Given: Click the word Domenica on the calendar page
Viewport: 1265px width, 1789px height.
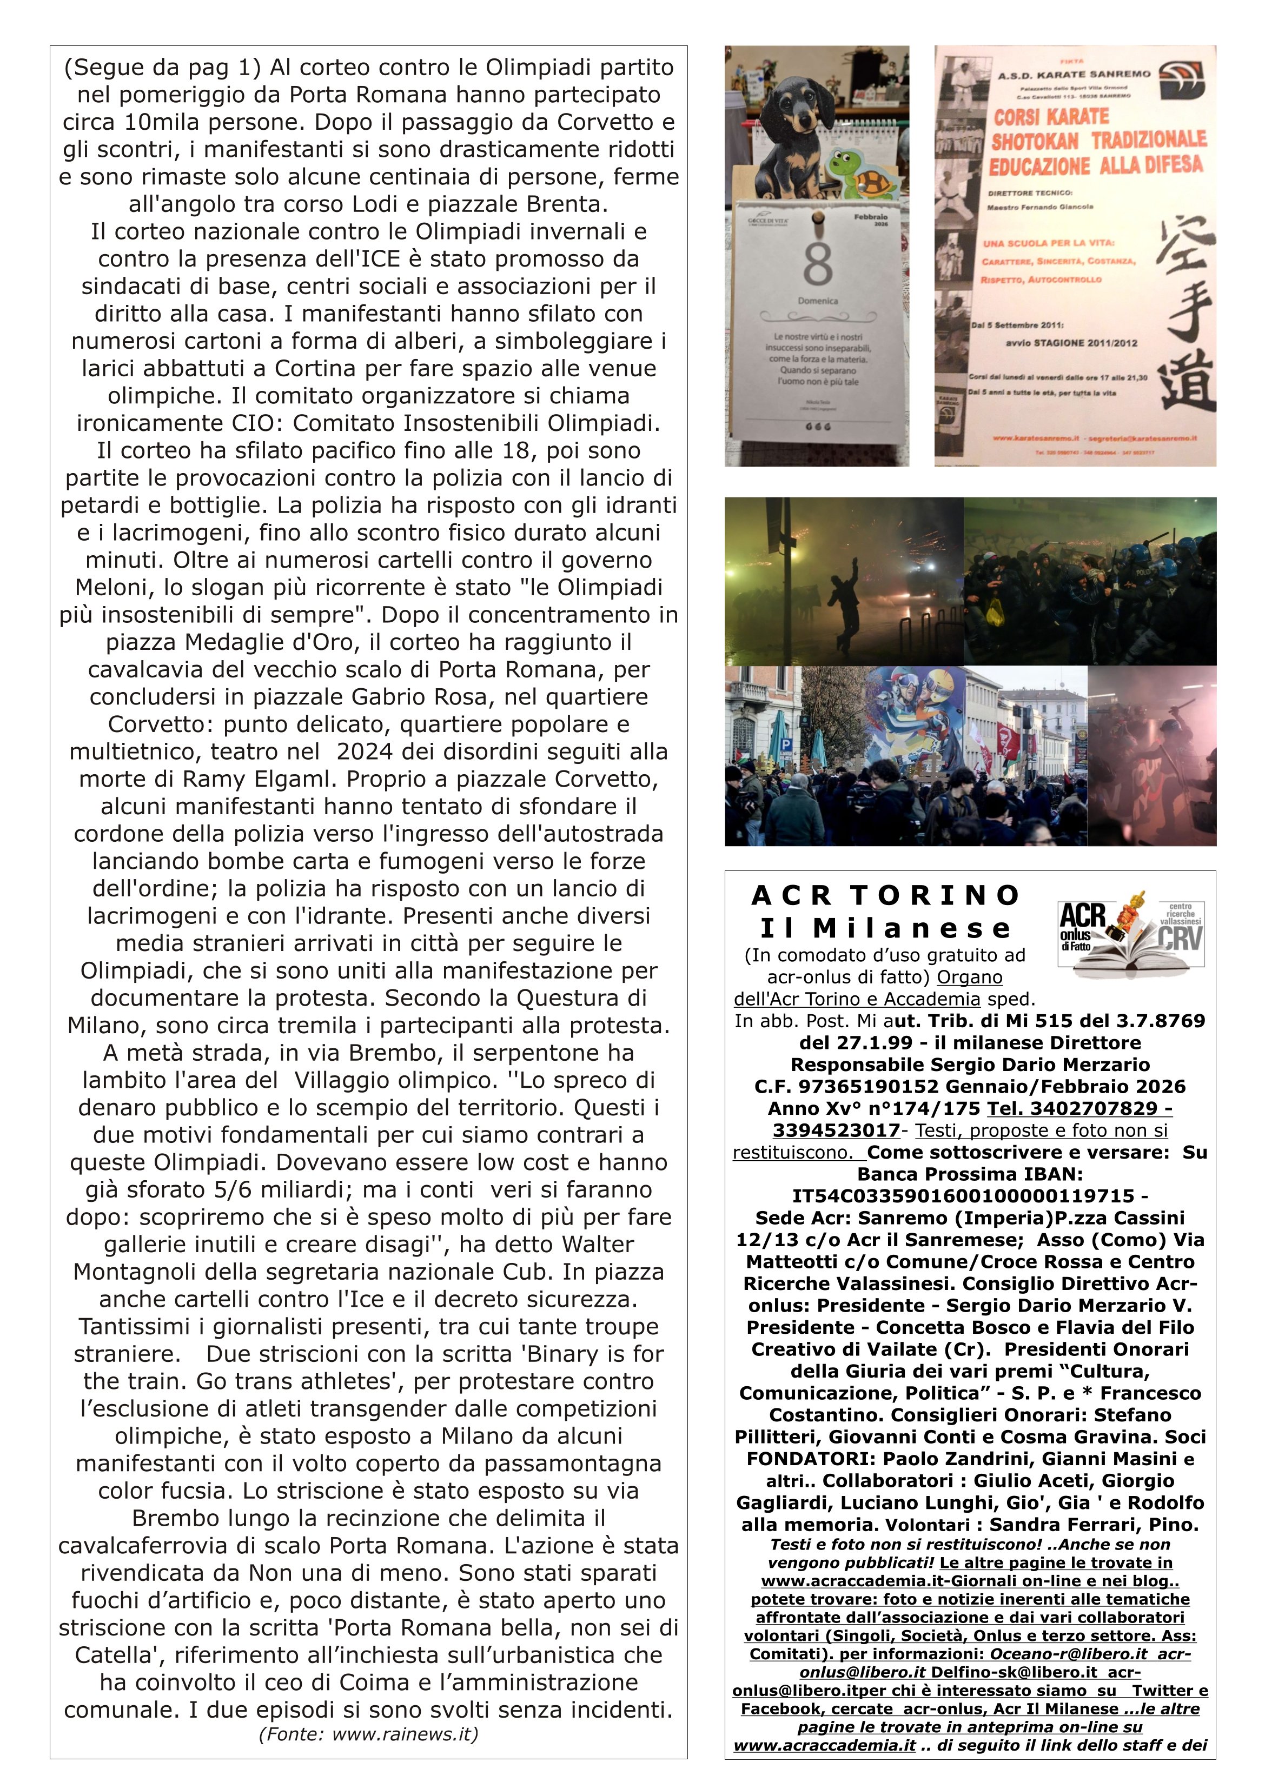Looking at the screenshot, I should [x=818, y=301].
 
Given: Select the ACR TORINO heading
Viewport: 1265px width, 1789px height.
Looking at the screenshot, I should [x=885, y=896].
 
